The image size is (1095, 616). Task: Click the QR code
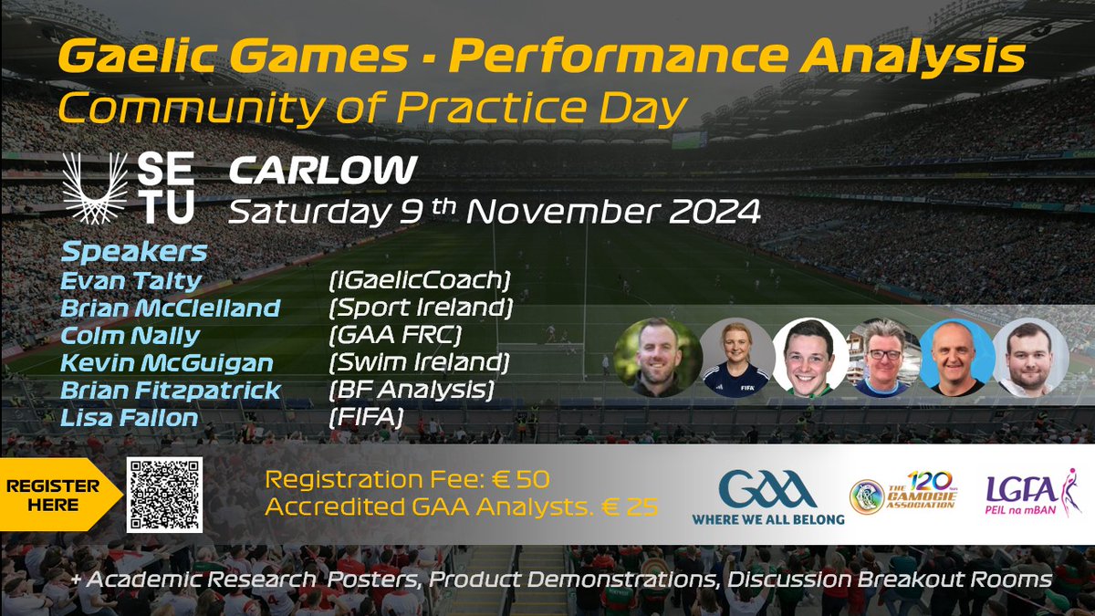[165, 495]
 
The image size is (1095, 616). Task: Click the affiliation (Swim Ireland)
[419, 363]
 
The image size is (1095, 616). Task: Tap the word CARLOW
[323, 170]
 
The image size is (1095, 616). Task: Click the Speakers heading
[135, 252]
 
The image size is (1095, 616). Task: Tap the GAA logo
[767, 496]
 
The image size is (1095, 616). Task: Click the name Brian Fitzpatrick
[171, 392]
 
